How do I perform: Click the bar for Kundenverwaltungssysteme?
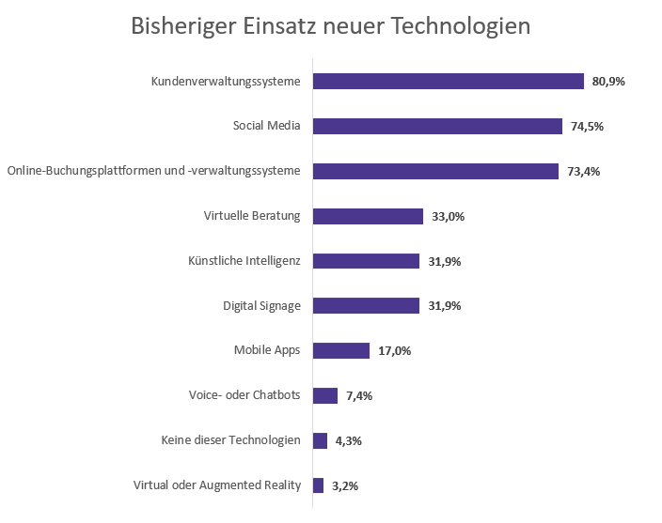tap(448, 82)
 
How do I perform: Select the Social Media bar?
tap(437, 126)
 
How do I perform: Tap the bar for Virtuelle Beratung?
tap(368, 216)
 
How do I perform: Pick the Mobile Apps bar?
tap(341, 350)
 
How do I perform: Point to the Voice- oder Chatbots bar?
tap(325, 395)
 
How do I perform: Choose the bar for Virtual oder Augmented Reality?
tap(319, 485)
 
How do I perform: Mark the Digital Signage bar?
tap(366, 306)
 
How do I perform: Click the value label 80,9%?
tap(608, 82)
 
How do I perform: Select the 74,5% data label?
tap(587, 127)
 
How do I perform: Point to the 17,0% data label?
tap(394, 351)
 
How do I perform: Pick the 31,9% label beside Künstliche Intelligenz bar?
tap(444, 261)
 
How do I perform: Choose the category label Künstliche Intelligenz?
tap(244, 260)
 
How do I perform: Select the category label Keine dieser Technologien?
tap(231, 440)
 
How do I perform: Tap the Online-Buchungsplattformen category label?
tap(154, 171)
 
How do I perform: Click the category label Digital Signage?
tap(261, 305)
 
